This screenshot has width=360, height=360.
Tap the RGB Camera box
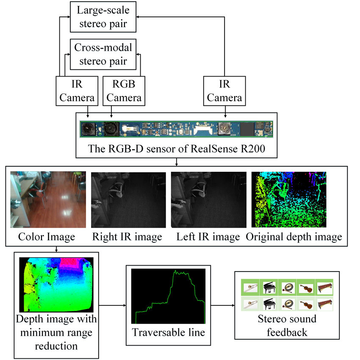click(123, 91)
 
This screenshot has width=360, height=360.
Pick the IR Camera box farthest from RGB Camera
click(224, 91)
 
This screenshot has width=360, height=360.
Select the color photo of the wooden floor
click(48, 199)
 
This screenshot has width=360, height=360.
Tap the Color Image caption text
click(47, 237)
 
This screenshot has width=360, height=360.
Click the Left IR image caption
click(208, 237)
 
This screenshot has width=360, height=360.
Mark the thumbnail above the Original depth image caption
click(289, 199)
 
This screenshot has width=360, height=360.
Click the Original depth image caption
click(294, 237)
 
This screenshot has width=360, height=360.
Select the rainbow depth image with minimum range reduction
click(56, 284)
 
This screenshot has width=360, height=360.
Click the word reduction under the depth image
click(56, 346)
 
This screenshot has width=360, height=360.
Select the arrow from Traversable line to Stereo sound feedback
click(223, 305)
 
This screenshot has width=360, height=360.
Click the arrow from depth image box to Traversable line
click(112, 305)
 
